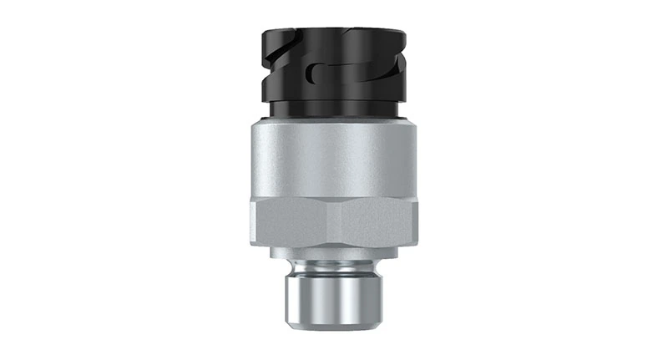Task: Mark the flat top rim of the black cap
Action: [334, 32]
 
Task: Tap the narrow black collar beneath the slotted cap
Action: [334, 109]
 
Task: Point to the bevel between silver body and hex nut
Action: [334, 198]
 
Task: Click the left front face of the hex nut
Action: [292, 224]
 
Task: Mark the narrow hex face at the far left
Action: [252, 224]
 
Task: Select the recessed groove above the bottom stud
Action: [334, 266]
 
